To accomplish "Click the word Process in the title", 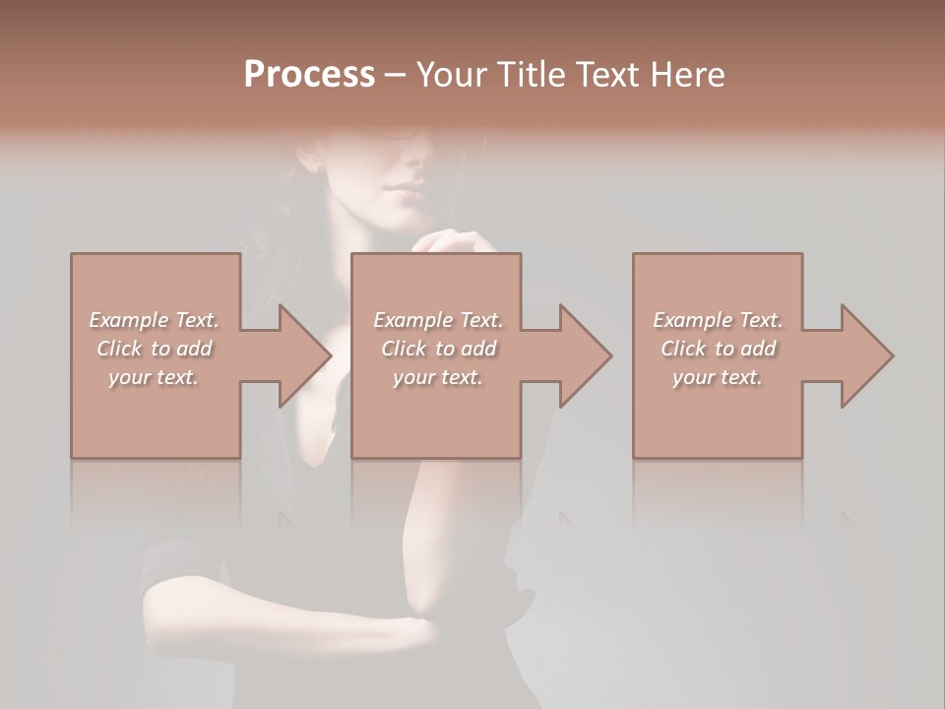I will pyautogui.click(x=309, y=75).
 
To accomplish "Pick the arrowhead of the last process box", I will pyautogui.click(x=867, y=355).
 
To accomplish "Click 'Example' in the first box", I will pyautogui.click(x=128, y=320).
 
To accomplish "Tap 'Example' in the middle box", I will pyautogui.click(x=412, y=320).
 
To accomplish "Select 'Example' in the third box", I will pyautogui.click(x=692, y=320).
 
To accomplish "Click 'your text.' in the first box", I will pyautogui.click(x=154, y=377).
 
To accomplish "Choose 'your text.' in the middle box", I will pyautogui.click(x=437, y=377).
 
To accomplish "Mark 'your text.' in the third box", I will pyautogui.click(x=718, y=377).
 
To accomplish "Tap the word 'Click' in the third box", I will pyautogui.click(x=683, y=349).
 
